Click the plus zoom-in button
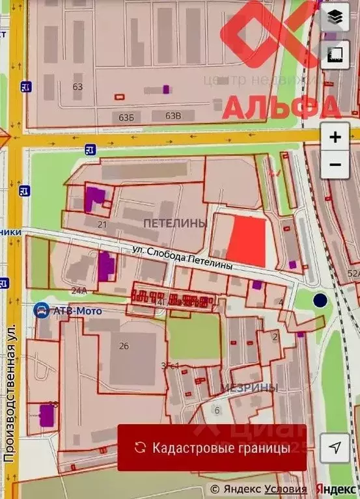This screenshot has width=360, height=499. pyautogui.click(x=335, y=137)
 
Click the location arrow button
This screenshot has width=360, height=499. pyautogui.click(x=335, y=448)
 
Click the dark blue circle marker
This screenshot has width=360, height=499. pyautogui.click(x=320, y=300)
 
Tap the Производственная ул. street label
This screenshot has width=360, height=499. pyautogui.click(x=9, y=403)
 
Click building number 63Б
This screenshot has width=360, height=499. pyautogui.click(x=126, y=116)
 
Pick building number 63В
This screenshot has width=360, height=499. pyautogui.click(x=173, y=116)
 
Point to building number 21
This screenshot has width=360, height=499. pyautogui.click(x=102, y=224)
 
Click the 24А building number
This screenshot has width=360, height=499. pyautogui.click(x=79, y=290)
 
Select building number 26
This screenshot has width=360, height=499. pyautogui.click(x=124, y=345)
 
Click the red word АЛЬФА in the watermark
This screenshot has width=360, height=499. pyautogui.click(x=282, y=107)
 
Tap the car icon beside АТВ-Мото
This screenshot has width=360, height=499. pyautogui.click(x=42, y=310)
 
